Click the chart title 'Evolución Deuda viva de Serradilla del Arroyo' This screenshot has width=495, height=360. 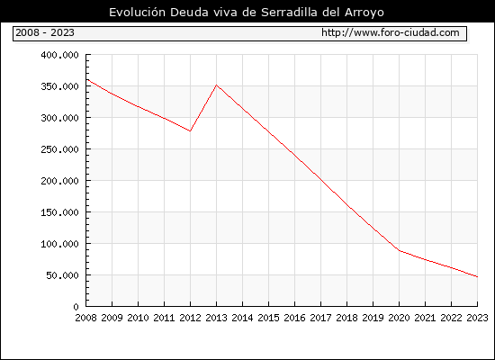(247, 13)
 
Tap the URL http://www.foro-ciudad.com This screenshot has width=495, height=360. (391, 32)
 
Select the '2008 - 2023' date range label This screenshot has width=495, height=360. (45, 32)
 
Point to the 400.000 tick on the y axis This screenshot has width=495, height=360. (59, 55)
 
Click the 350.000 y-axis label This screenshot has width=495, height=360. (59, 86)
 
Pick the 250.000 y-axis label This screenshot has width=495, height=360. (59, 149)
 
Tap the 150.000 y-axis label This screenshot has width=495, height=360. (59, 212)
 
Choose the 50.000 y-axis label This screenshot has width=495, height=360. (62, 275)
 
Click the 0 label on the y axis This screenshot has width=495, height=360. (76, 307)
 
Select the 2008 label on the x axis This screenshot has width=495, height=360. (85, 318)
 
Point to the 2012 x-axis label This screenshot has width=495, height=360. (190, 318)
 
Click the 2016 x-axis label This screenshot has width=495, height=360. (294, 318)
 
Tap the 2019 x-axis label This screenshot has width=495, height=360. (373, 318)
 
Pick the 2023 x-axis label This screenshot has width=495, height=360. (477, 318)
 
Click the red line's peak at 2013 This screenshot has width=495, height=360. (216, 85)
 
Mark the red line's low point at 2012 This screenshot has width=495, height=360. (190, 130)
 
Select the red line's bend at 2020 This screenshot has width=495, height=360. (400, 251)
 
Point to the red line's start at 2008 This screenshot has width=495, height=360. (86, 79)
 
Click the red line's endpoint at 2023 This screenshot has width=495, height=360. (477, 276)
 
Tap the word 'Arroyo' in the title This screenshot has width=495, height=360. (364, 13)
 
